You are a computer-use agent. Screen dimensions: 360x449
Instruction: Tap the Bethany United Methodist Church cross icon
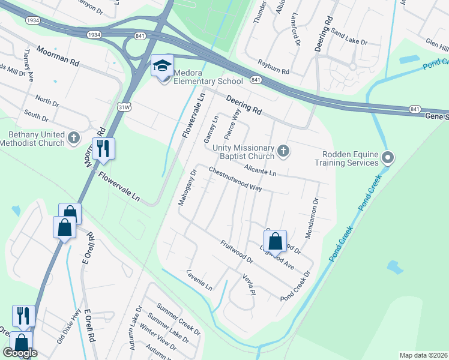74,138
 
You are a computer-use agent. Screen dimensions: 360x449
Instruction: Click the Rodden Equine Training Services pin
388,158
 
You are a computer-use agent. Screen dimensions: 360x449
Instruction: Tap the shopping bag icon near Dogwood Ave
275,241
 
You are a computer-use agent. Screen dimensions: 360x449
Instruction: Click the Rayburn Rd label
273,67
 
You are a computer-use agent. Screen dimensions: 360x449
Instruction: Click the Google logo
20,353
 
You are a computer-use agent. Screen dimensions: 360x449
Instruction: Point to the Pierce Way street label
232,124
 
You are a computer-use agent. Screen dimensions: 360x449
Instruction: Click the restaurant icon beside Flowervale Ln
103,148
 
